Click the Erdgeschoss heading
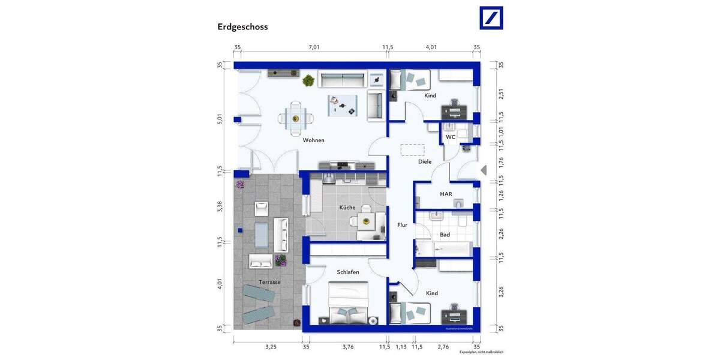tap(242, 27)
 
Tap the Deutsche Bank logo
tap(491, 18)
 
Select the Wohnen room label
tap(313, 140)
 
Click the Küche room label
tap(347, 208)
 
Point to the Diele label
tap(425, 161)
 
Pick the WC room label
tap(450, 137)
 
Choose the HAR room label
tap(446, 194)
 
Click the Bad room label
tap(445, 235)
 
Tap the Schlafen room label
tap(348, 272)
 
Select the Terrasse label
tap(269, 282)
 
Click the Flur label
tap(402, 225)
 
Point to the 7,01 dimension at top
tap(314, 47)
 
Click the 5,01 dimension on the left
tap(220, 119)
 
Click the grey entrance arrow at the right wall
tap(484, 170)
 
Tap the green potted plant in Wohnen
tap(308, 80)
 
